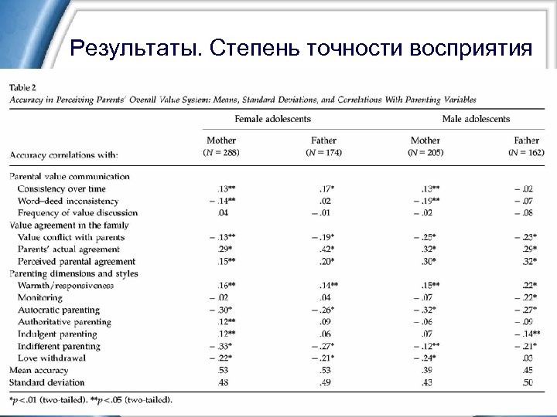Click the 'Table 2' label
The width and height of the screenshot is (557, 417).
[x=25, y=86]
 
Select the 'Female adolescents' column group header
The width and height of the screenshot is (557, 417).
[x=274, y=119]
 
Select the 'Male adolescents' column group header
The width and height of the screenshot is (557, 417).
[x=476, y=119]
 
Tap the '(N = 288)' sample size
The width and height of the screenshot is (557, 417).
[x=220, y=152]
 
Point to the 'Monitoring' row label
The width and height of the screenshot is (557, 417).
[x=41, y=297]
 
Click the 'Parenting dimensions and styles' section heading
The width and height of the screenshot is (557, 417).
[x=72, y=273]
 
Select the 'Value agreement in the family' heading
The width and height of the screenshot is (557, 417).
[x=68, y=225]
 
